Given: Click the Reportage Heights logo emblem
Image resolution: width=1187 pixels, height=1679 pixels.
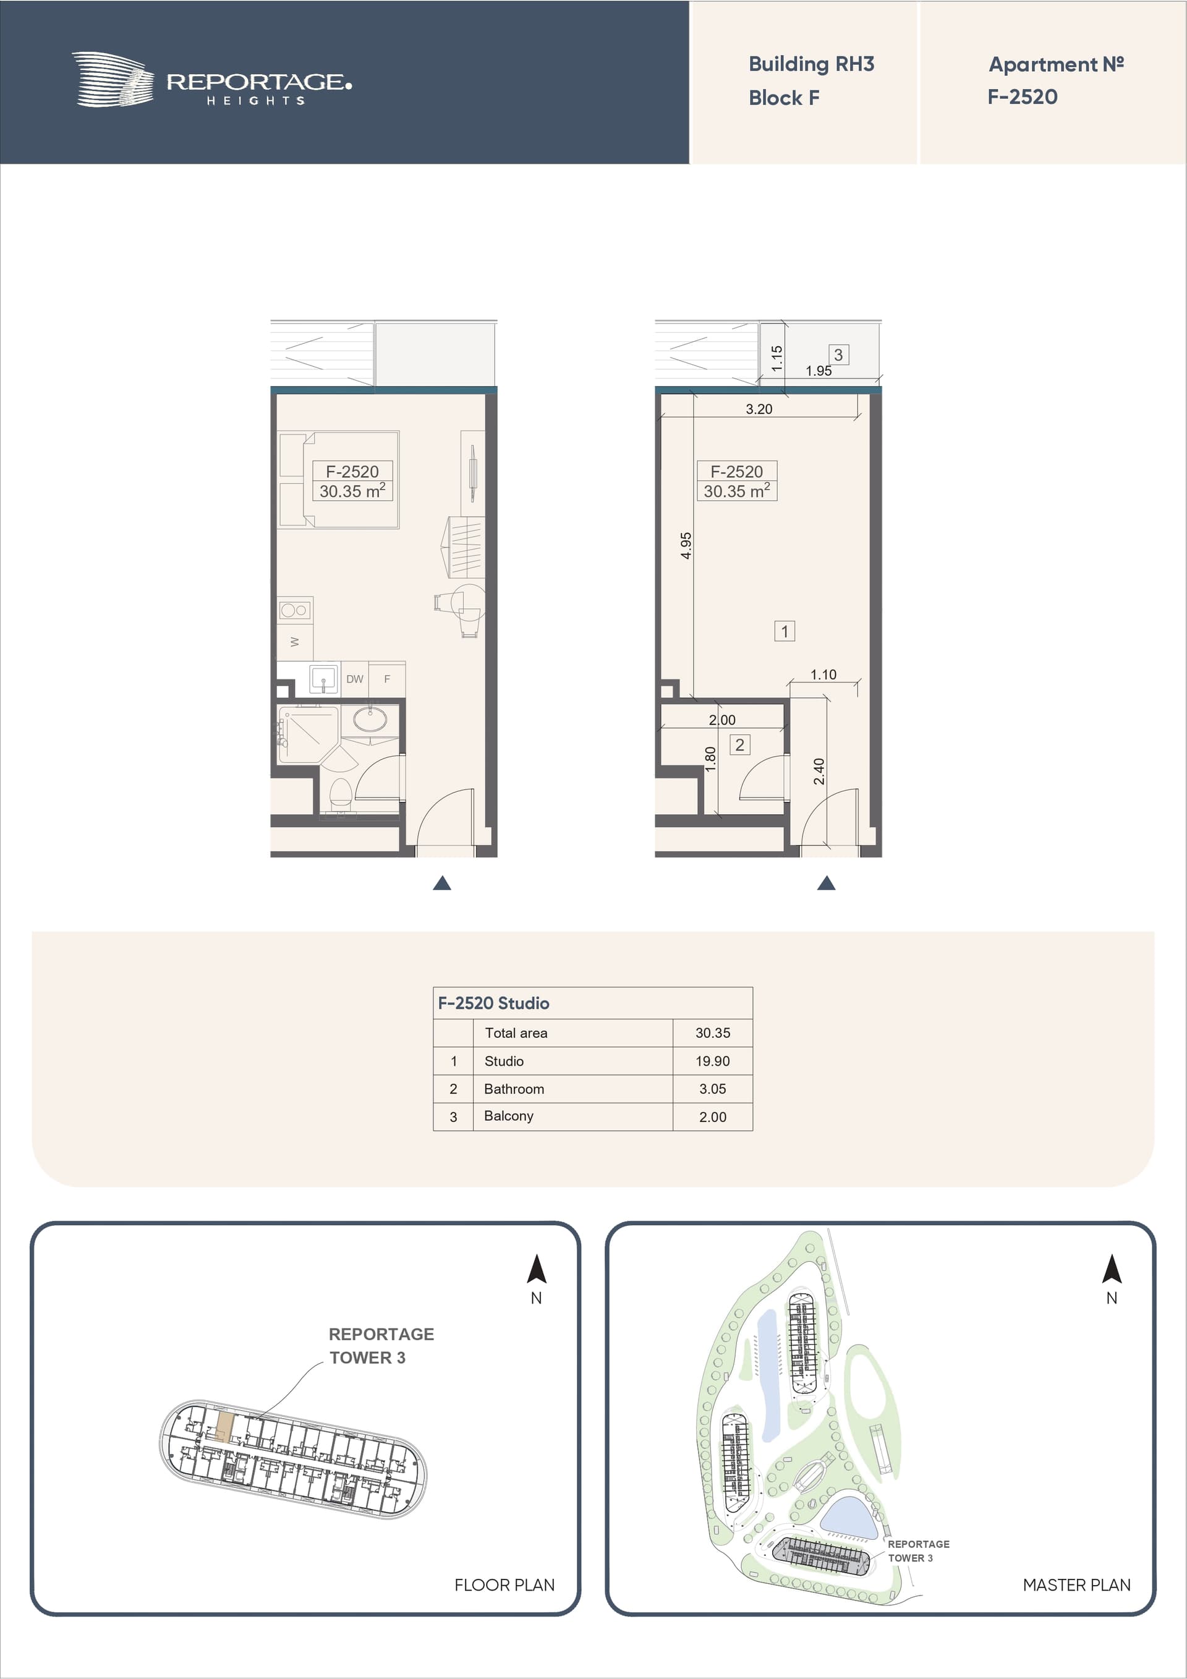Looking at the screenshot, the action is (x=113, y=79).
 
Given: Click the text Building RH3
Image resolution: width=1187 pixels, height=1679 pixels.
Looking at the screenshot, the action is (x=811, y=64).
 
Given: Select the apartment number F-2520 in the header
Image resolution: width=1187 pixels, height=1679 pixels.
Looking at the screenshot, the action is (x=1023, y=96).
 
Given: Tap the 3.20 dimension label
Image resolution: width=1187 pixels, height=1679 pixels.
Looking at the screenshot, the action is (x=759, y=409).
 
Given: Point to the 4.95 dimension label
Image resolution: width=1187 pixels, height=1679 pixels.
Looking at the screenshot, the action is (x=686, y=545).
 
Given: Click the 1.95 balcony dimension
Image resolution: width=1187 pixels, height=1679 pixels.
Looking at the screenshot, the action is (x=819, y=371).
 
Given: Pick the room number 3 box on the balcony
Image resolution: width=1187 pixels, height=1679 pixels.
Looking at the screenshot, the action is (x=839, y=355).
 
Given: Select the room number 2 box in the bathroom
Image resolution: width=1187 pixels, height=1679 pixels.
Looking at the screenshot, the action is (x=740, y=744).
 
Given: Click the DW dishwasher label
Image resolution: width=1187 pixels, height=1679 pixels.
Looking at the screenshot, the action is (x=355, y=679).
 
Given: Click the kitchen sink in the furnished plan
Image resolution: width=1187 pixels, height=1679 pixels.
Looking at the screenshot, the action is (x=323, y=679).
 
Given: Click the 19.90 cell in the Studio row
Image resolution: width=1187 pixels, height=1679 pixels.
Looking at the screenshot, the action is (x=712, y=1061).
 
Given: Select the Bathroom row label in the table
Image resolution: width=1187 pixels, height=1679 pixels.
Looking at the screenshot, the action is (x=514, y=1089).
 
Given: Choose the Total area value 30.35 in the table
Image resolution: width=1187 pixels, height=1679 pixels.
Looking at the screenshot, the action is (x=712, y=1033).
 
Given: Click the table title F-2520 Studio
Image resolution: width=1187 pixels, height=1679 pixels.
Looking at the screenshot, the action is (x=494, y=1003).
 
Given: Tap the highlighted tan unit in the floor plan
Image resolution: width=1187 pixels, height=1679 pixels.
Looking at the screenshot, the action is (x=225, y=1427).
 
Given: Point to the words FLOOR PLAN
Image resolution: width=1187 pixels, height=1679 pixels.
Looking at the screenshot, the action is (x=504, y=1584).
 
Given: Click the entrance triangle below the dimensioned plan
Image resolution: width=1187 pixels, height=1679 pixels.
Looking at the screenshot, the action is (x=827, y=883).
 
